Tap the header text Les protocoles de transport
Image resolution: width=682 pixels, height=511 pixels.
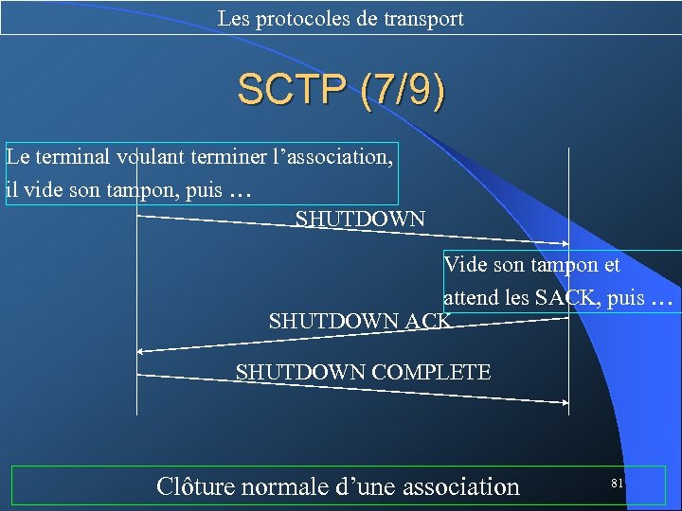click(341, 18)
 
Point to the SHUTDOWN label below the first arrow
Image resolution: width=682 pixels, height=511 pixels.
click(360, 220)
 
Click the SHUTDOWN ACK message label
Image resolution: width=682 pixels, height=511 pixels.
click(360, 322)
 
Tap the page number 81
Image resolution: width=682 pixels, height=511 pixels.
click(617, 484)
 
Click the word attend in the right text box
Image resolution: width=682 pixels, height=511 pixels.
click(471, 297)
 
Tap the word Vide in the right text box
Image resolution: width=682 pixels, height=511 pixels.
click(463, 265)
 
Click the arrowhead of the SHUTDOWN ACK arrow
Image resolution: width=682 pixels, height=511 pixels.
click(140, 351)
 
